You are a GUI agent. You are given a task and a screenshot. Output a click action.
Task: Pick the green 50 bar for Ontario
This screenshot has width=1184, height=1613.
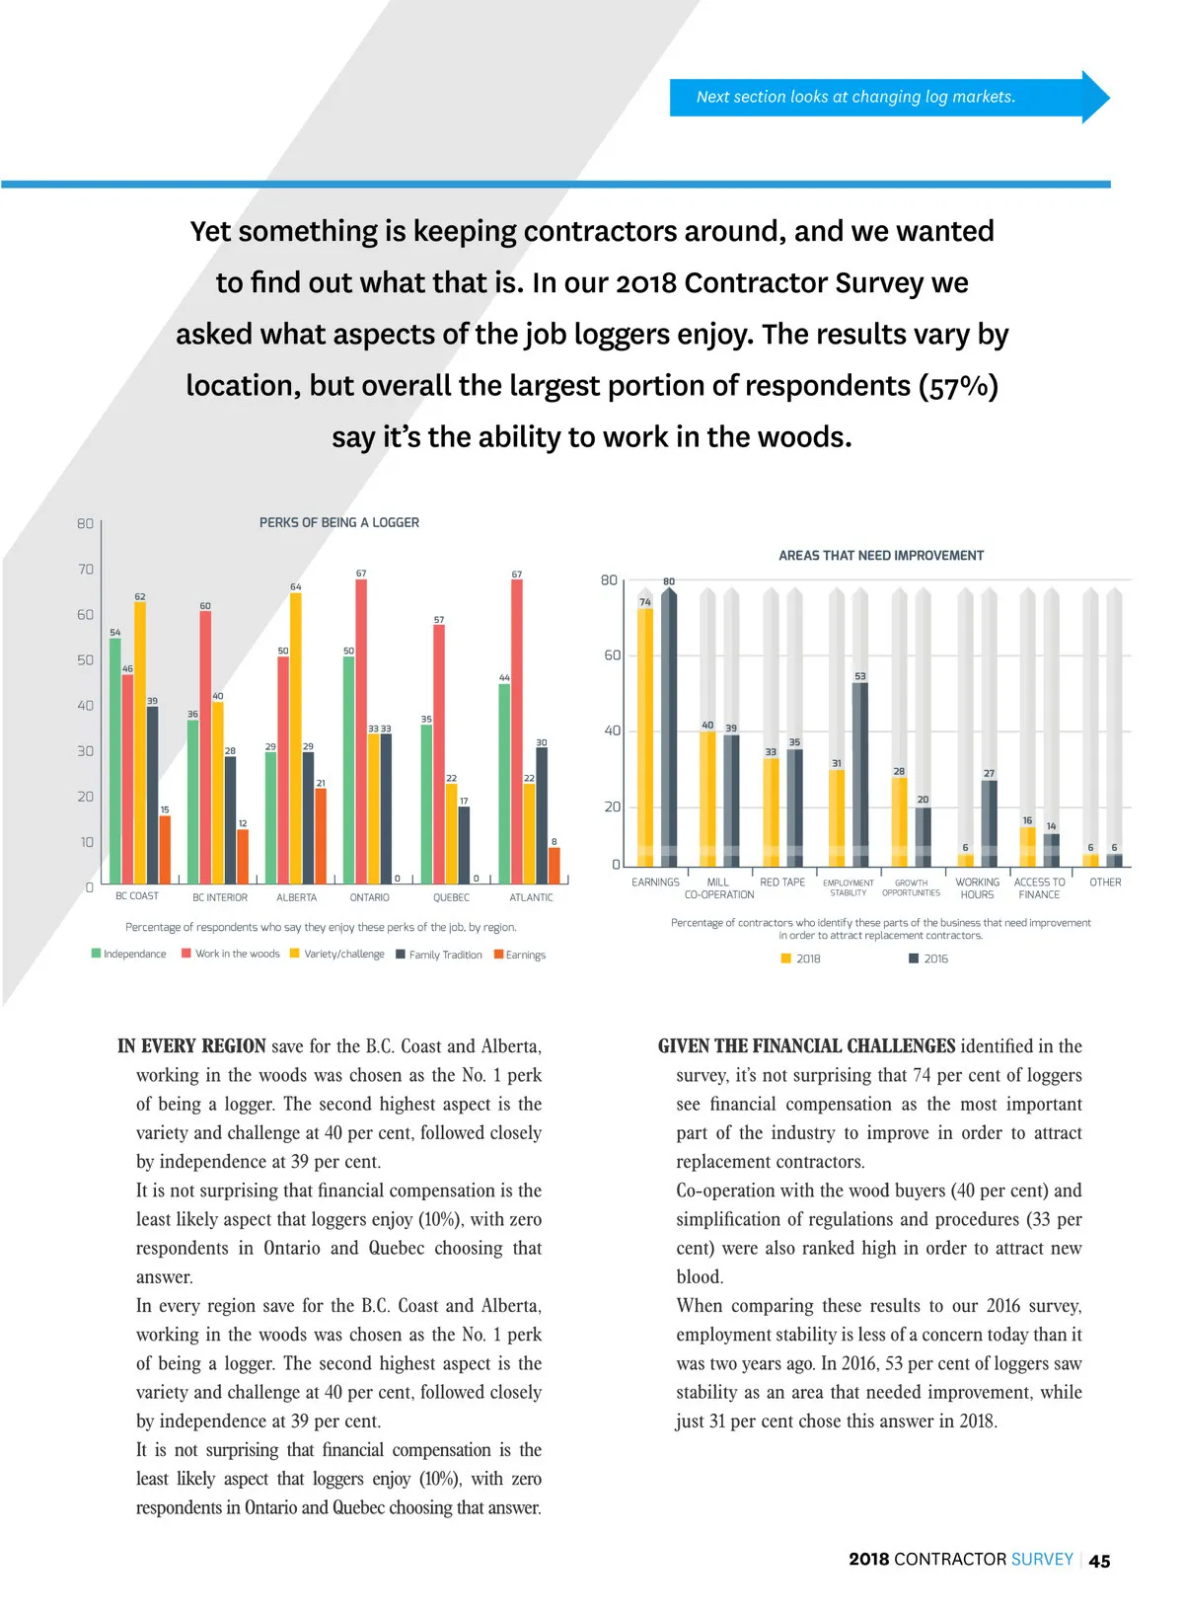[x=348, y=770]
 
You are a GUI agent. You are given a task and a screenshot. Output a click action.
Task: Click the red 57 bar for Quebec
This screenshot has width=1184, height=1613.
[x=439, y=754]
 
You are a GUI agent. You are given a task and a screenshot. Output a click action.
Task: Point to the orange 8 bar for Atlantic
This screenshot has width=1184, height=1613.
[x=554, y=865]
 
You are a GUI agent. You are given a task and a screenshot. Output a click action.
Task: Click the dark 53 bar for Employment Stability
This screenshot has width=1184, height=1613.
[x=860, y=774]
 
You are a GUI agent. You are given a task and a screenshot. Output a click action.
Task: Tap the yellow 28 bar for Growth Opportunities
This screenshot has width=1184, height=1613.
[x=899, y=821]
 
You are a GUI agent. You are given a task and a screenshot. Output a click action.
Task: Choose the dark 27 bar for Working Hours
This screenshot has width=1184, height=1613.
[x=989, y=823]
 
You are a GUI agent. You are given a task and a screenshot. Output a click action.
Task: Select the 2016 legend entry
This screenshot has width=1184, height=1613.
[x=928, y=959]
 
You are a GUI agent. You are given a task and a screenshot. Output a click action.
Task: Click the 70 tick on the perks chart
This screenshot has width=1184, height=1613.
[x=86, y=570]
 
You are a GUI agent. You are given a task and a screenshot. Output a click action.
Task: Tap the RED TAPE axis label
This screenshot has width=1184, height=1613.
[x=782, y=883]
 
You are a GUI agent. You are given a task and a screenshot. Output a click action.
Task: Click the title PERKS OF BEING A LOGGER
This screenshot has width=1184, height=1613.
[x=339, y=522]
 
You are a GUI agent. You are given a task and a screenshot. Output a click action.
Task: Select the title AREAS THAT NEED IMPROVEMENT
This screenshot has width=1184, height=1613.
[x=881, y=556]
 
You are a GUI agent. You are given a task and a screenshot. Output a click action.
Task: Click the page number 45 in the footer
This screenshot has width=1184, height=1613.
[x=1099, y=1561]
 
